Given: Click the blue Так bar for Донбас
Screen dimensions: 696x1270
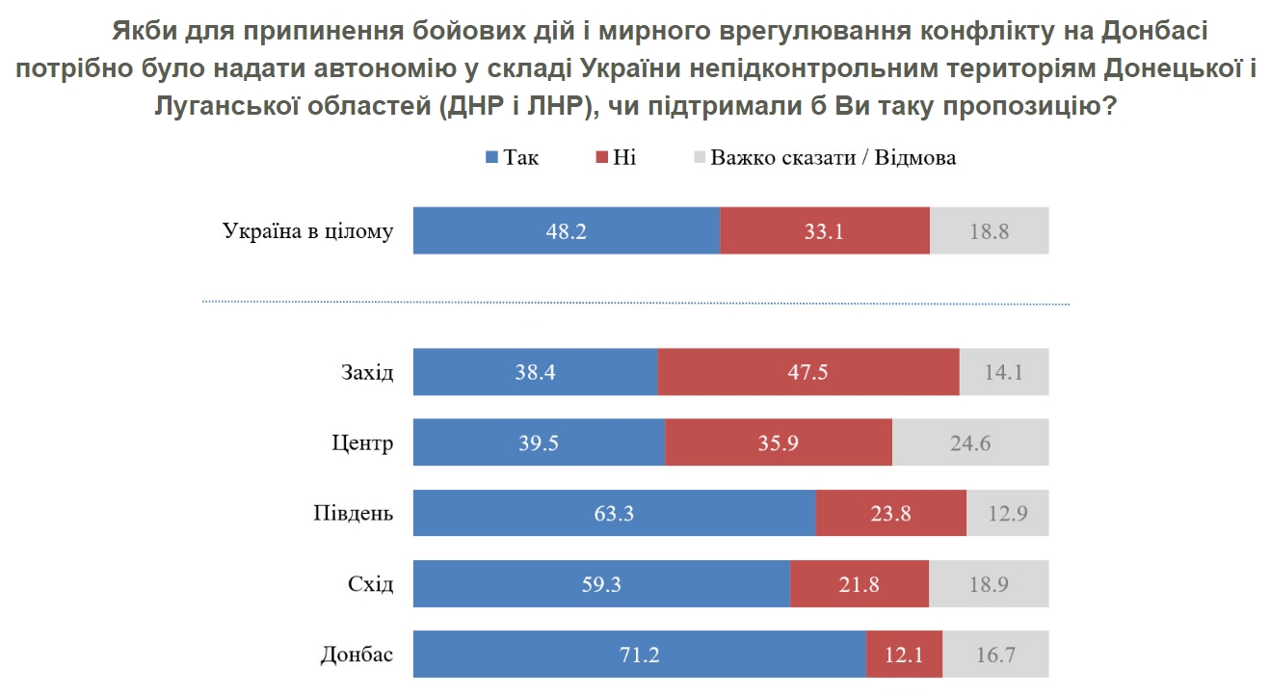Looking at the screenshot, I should pos(639,656).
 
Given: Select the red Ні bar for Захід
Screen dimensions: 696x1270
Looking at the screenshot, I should pos(807,372).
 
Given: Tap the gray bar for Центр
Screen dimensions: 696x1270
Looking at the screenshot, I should pos(969,442).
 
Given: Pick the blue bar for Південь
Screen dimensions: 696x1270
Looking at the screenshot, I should pos(614,513).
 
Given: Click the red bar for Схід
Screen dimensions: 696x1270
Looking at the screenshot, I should pos(859,584).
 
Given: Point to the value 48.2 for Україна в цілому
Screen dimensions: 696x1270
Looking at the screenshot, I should pos(567,231).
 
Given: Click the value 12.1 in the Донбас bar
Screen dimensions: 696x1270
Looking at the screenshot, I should pos(904,656).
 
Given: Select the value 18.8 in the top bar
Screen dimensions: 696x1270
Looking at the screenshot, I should pos(990,231).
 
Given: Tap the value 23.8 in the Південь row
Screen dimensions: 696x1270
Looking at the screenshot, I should pos(890,513).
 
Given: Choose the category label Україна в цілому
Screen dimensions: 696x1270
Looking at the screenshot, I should pos(307,231).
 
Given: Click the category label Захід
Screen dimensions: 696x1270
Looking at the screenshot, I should pos(366,372).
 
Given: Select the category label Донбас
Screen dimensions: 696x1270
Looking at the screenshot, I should pos(357,656).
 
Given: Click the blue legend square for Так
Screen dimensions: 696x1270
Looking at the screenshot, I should pos(490,158).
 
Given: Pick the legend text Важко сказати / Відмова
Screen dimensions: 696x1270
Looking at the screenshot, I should pos(833,158).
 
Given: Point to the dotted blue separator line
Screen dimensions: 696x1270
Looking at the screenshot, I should pos(635,303).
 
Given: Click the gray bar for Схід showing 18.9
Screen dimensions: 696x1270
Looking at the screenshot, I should pos(989,584).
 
